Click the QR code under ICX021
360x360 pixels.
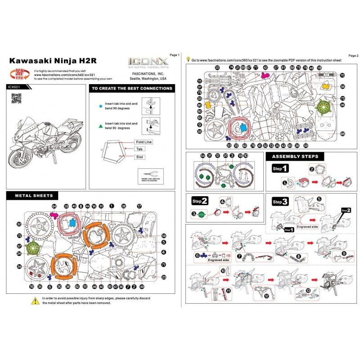click(16, 98)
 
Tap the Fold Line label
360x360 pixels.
click(142, 142)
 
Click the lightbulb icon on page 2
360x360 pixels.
click(188, 59)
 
